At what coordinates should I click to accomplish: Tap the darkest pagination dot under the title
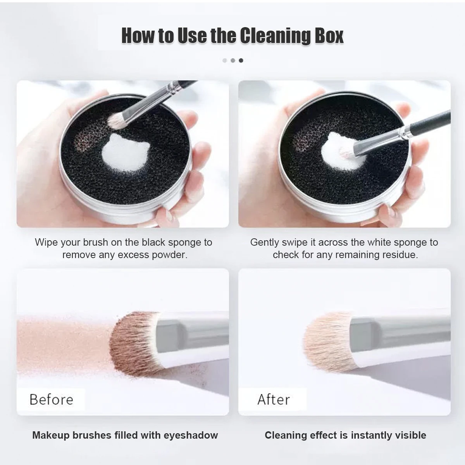pos(241,60)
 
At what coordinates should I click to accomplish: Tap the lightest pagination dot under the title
pos(224,60)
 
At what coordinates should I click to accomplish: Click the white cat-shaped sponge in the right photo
pos(337,149)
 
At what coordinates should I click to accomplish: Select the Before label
pos(51,399)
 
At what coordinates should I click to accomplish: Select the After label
pos(273,399)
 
